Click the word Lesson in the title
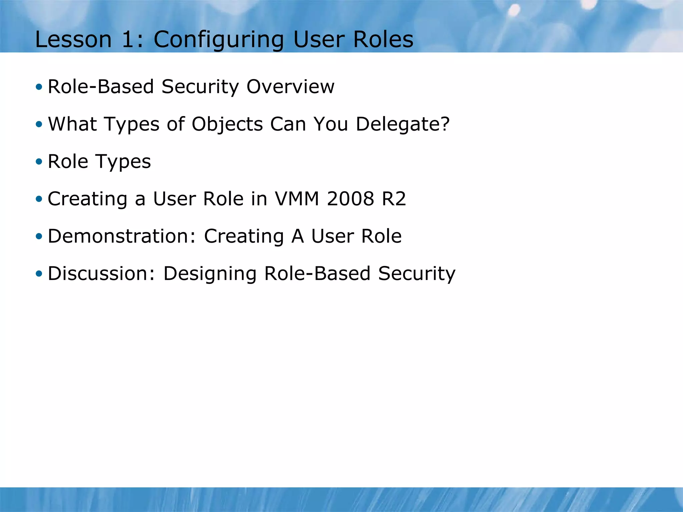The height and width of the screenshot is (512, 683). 73,39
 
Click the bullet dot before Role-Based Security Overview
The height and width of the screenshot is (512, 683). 39,87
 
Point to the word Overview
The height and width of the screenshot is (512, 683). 290,87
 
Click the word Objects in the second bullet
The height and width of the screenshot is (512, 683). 227,125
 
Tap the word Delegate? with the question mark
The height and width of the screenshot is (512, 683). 403,125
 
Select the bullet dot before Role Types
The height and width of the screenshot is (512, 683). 39,162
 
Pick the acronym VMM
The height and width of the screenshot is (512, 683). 297,199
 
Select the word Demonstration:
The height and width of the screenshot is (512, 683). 122,236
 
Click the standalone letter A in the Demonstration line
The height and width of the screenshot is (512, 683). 297,236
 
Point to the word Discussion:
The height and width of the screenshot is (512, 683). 101,273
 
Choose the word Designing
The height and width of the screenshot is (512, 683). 210,274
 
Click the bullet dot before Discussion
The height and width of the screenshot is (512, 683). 39,274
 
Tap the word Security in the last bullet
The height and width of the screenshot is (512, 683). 417,274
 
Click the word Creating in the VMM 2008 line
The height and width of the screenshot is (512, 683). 87,199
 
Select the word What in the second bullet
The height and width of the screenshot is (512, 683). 72,124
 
